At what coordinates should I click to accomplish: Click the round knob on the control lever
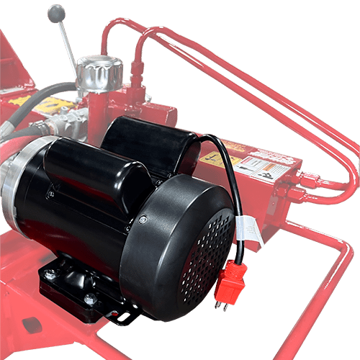click(55, 13)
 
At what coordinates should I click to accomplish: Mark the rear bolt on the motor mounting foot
click(51, 274)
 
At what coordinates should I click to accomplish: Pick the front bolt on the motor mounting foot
click(89, 300)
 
